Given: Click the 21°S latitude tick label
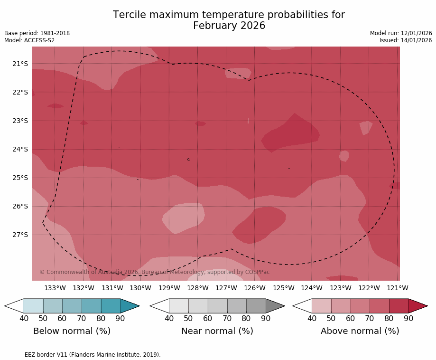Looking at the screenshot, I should click(20, 64).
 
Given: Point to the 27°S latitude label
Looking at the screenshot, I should click(20, 235).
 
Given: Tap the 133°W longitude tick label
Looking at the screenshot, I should click(55, 288).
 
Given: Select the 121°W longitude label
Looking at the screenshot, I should click(397, 288).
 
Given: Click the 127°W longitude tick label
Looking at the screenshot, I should click(226, 288).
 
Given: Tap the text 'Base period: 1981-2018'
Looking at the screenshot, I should click(37, 33).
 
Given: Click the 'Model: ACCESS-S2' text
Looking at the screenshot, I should click(29, 40).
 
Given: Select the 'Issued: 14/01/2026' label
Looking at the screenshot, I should click(406, 40).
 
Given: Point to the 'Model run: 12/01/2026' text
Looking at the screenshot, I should click(401, 33).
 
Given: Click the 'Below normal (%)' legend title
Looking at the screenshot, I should click(72, 331).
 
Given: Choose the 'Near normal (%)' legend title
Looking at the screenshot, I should click(217, 331).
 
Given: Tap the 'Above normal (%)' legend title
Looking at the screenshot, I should click(360, 331).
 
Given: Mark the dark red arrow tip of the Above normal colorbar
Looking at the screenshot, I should click(417, 306).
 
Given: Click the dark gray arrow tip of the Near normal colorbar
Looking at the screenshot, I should click(275, 306).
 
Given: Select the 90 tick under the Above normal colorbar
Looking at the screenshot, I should click(408, 318).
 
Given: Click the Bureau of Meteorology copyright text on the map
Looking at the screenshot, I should click(154, 272).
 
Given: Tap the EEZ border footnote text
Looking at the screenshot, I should click(83, 355).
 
